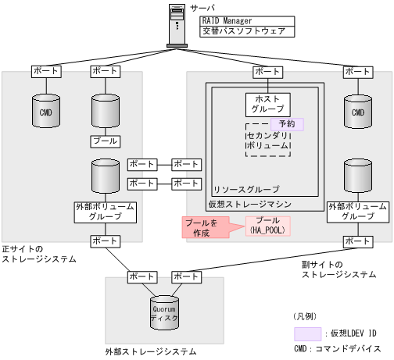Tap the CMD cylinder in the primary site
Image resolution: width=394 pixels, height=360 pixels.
tap(45, 112)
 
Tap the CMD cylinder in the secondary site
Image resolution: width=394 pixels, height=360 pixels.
tap(359, 112)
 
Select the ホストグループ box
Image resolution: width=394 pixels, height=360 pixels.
tap(267, 104)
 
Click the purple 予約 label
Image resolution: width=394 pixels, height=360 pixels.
tap(287, 123)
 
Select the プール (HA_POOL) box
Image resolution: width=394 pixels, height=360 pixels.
tap(268, 226)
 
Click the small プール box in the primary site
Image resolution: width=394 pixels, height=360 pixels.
tap(105, 141)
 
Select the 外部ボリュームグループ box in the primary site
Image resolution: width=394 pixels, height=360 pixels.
tap(105, 212)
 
